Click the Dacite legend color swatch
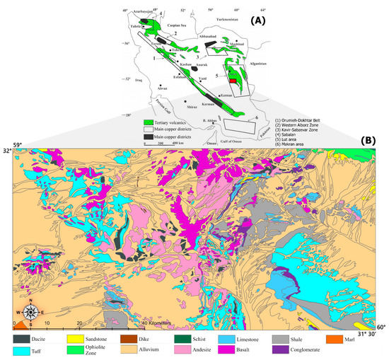[x=21, y=337]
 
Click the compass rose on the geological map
[x=30, y=311]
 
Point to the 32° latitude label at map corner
[x=6, y=151]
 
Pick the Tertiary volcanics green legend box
[x=150, y=122]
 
